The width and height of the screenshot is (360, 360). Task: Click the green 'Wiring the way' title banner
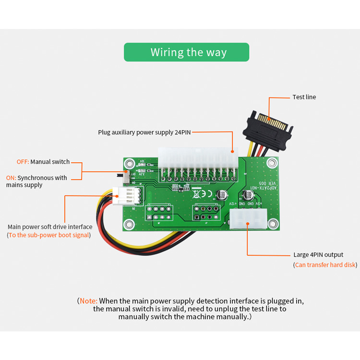[186, 52]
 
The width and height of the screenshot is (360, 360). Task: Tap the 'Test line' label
[304, 97]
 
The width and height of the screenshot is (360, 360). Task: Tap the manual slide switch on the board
[126, 176]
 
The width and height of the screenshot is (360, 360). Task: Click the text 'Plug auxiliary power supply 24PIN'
[144, 132]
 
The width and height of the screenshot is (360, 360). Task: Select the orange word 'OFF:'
[23, 162]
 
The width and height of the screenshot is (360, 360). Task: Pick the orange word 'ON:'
[11, 178]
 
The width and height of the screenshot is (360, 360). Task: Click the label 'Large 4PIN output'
[318, 255]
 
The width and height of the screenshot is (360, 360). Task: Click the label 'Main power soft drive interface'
[50, 227]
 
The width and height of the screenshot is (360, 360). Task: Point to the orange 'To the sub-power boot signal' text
[49, 235]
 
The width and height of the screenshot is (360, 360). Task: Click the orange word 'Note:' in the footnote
[88, 301]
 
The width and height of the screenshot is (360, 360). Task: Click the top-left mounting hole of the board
[129, 162]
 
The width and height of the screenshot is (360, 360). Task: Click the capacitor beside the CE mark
[221, 194]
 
